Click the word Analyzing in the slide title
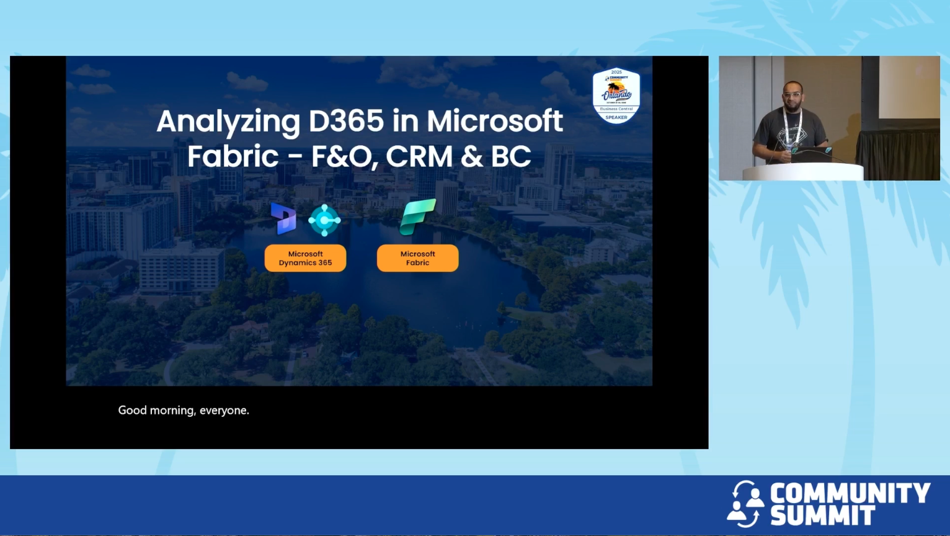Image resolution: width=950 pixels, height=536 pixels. tap(228, 122)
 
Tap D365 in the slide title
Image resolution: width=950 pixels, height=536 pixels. tap(347, 121)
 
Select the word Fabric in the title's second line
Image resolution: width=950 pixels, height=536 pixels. tap(233, 156)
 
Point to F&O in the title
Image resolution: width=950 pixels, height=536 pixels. tap(344, 156)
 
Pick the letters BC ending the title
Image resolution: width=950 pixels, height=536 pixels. tap(511, 156)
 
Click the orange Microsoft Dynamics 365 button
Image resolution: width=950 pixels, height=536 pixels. tap(305, 258)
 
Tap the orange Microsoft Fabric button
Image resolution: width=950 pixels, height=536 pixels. tap(417, 258)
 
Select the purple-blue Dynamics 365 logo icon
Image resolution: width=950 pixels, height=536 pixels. tap(283, 219)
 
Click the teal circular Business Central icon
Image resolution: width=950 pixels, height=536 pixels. tap(324, 220)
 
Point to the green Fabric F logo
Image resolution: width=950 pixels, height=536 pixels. tap(417, 217)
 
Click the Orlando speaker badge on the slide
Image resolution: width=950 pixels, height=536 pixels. tap(616, 96)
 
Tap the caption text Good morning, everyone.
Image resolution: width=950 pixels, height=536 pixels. tap(184, 410)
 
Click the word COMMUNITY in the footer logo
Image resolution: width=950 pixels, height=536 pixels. tap(850, 494)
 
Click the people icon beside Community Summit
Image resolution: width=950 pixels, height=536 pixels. tap(745, 504)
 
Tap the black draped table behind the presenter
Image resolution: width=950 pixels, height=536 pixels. tap(898, 153)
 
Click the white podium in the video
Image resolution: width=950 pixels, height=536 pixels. tap(802, 172)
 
